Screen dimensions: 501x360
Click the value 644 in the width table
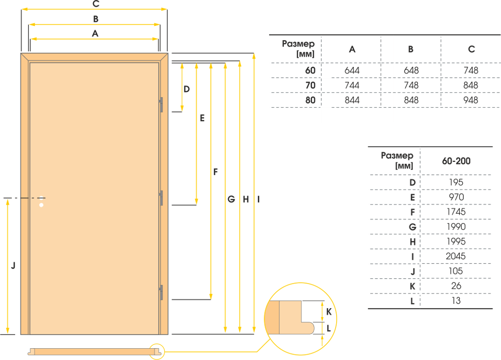352,70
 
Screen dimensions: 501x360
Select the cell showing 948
471,100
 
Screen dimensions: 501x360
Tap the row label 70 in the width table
310,85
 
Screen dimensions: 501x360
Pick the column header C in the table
471,49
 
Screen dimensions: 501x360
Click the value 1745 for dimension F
456,212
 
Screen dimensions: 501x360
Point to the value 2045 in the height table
455,256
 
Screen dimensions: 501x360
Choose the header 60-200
456,161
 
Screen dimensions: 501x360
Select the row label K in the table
412,286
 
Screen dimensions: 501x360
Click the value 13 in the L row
456,301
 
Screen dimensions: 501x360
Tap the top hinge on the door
161,105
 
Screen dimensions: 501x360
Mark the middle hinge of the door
161,198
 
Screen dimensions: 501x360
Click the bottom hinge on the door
161,292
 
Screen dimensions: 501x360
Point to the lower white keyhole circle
41,205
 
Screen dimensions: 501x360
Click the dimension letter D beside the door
186,89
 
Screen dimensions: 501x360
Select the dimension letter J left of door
13,266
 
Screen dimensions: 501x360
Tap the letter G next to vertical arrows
231,200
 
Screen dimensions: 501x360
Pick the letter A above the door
95,34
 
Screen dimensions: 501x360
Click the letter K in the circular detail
329,312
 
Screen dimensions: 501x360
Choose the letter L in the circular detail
328,328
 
